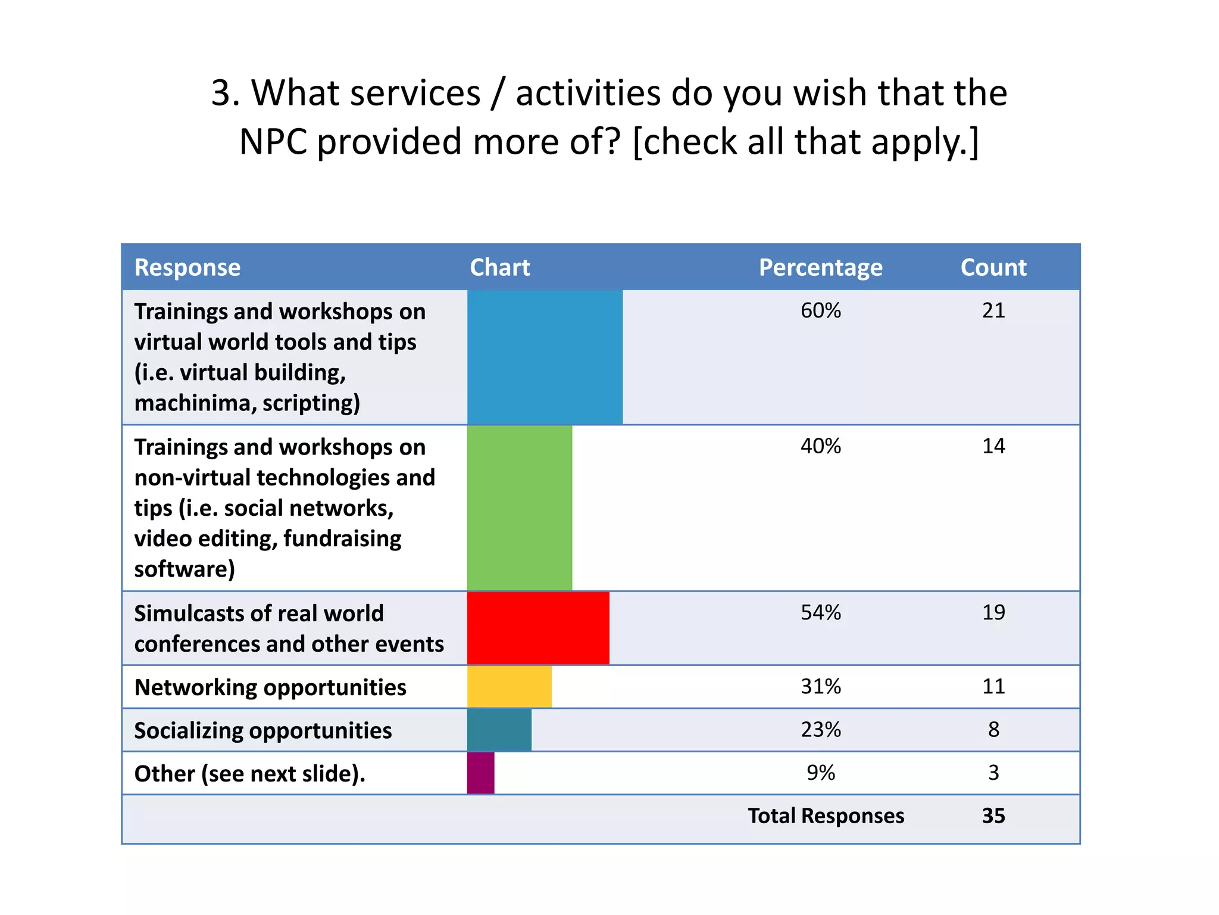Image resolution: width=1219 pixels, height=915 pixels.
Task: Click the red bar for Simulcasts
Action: pos(538,628)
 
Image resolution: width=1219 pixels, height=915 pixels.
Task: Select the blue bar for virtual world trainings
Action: pos(545,357)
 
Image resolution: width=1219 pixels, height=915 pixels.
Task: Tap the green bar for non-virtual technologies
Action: pos(519,508)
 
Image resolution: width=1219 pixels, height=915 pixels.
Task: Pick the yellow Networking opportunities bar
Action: pos(509,687)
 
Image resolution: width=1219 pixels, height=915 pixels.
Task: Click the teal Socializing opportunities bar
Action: pos(499,730)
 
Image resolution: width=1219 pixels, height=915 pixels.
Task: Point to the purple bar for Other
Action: pos(480,773)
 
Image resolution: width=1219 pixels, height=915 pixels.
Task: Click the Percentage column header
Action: pos(820,267)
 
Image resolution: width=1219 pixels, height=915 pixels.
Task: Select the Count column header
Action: pos(993,267)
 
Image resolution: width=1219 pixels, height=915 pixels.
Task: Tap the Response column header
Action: pos(187,267)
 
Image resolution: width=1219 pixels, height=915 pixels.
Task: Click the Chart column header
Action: pos(499,267)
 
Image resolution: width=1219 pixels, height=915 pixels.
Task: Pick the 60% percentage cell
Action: pos(820,310)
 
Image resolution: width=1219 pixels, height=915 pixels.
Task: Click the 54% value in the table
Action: pos(820,612)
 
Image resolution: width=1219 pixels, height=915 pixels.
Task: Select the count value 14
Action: pos(993,446)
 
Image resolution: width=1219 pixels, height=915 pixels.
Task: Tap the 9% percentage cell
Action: pos(820,773)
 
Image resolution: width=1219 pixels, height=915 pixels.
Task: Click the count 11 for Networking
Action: pos(993,686)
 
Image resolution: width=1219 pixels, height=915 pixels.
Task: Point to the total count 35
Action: pos(993,816)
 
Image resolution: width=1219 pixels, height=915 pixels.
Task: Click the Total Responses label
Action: pos(826,816)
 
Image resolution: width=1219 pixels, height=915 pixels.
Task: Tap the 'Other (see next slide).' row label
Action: pos(249,774)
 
